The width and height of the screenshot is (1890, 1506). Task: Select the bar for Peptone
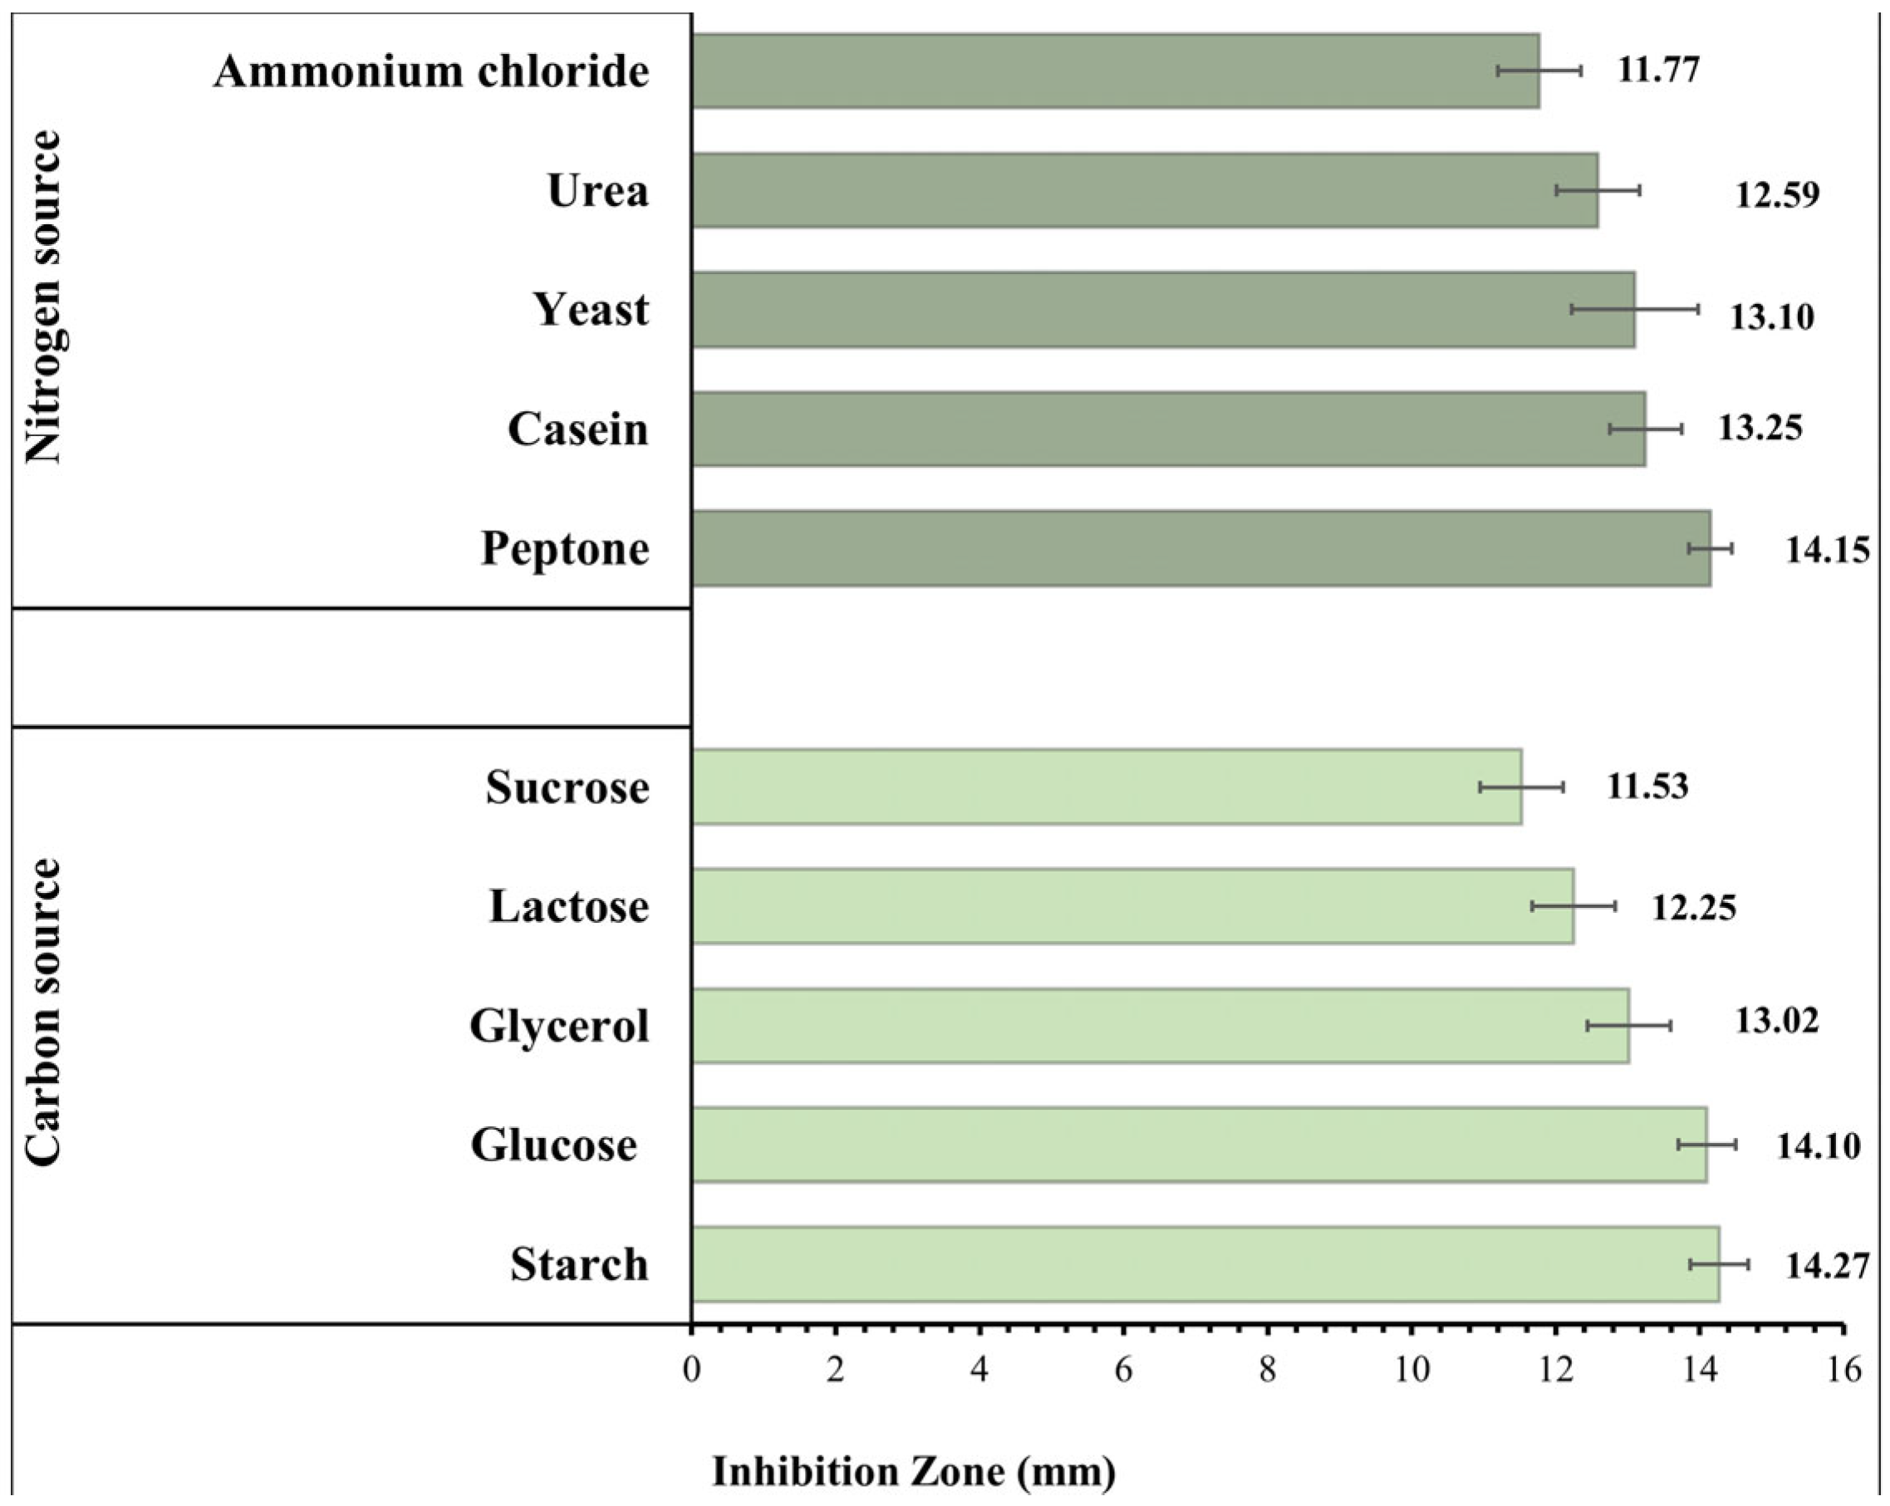coord(1201,548)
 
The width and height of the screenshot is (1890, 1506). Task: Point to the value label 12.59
coord(1777,194)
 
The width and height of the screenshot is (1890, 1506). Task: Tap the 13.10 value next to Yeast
coord(1770,316)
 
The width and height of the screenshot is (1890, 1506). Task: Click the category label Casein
coord(577,429)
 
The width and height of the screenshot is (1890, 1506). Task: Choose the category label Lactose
coord(569,906)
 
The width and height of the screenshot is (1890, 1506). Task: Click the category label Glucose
coord(553,1145)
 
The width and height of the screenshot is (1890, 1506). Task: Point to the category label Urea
coord(598,190)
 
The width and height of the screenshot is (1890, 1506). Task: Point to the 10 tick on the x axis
coord(1411,1368)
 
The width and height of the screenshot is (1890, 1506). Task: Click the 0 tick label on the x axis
coord(692,1368)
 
